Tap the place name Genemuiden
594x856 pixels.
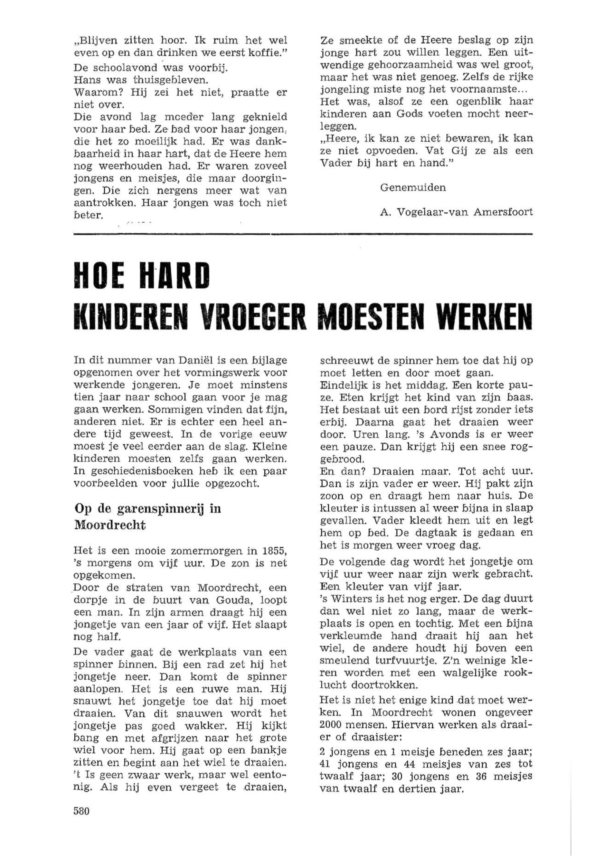(413, 188)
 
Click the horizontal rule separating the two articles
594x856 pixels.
(303, 234)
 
